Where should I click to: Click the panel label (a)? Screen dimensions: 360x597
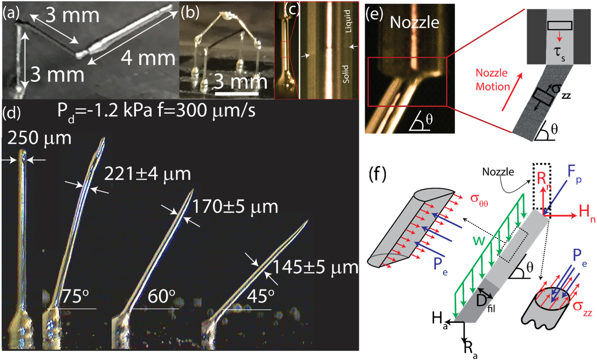11,13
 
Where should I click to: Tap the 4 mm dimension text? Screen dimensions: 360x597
148,58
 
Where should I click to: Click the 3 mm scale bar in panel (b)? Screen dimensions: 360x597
237,93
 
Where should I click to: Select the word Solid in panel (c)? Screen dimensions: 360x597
346,74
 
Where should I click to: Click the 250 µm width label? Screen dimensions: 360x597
39,138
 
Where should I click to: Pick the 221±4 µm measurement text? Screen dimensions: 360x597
147,174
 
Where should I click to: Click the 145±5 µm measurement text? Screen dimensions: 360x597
315,267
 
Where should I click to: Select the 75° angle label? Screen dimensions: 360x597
75,296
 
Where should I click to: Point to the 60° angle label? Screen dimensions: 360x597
161,296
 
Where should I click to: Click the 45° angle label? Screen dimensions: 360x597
260,296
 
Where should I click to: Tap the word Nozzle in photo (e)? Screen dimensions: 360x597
414,22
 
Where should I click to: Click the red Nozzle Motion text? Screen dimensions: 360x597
493,80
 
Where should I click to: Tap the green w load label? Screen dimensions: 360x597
479,240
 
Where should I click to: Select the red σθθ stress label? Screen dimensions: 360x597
479,200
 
